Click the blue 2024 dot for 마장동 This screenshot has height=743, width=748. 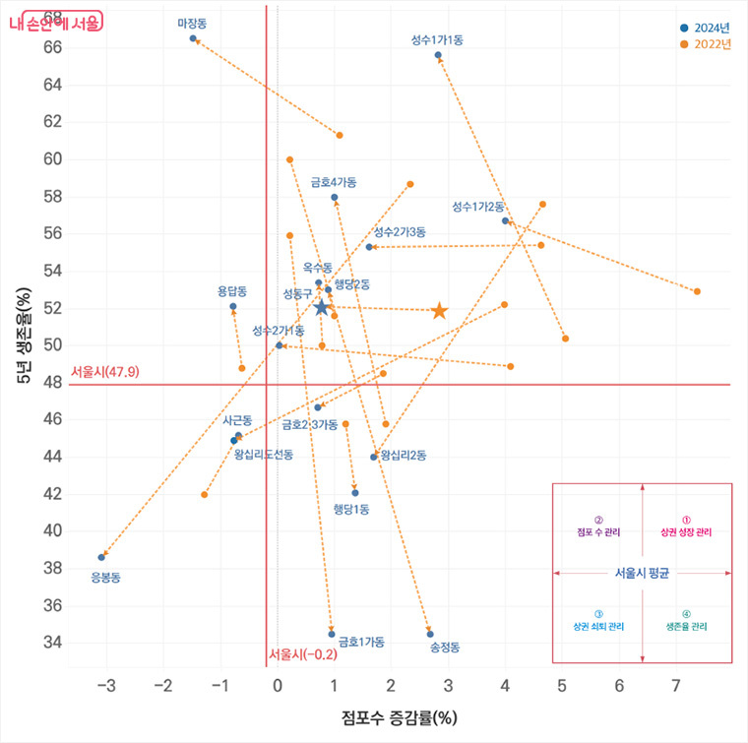pyautogui.click(x=193, y=38)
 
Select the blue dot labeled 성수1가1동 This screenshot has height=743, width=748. pyautogui.click(x=438, y=55)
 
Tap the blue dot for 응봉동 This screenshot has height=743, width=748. pyautogui.click(x=101, y=557)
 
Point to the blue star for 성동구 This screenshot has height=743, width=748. pyautogui.click(x=321, y=308)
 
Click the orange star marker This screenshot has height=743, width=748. pyautogui.click(x=439, y=311)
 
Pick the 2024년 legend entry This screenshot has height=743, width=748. pyautogui.click(x=705, y=27)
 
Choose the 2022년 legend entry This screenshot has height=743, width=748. pyautogui.click(x=705, y=44)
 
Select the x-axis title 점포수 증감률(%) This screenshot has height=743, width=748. pyautogui.click(x=400, y=716)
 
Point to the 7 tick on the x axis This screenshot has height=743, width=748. pyautogui.click(x=676, y=685)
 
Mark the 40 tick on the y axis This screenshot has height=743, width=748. pyautogui.click(x=50, y=530)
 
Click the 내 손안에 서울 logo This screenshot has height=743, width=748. pyautogui.click(x=54, y=20)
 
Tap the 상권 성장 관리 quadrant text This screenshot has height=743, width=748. pyautogui.click(x=686, y=531)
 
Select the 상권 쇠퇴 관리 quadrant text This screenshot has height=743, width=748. pyautogui.click(x=598, y=626)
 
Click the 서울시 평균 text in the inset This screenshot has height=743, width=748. pyautogui.click(x=642, y=573)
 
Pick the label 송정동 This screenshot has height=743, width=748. pyautogui.click(x=445, y=648)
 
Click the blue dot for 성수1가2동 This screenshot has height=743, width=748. pyautogui.click(x=505, y=220)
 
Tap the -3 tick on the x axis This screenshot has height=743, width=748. pyautogui.click(x=105, y=685)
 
